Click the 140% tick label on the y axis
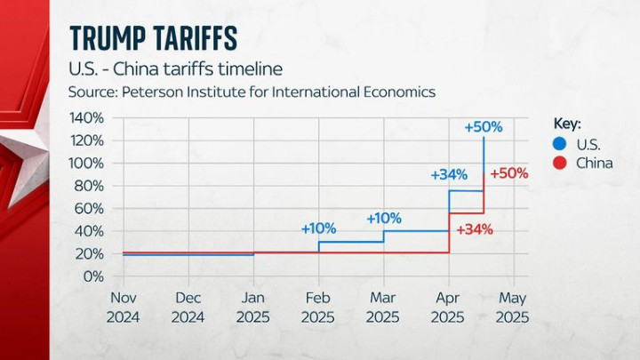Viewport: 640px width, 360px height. pos(88,118)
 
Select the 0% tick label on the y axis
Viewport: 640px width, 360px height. pos(94,276)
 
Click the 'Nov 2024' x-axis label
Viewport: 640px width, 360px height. pos(124,308)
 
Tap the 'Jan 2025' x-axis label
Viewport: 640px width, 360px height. pos(253,308)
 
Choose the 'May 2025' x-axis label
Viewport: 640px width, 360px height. pos(513,308)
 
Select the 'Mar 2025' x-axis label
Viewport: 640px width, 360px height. pos(383,308)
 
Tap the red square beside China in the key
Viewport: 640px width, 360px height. pos(558,163)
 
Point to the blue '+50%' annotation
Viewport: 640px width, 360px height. pos(484,127)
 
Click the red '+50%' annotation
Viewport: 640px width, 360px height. pos(508,173)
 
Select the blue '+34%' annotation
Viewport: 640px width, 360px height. pos(449,175)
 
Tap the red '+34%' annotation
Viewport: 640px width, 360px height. pos(474,228)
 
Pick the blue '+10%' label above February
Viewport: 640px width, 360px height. pos(318,228)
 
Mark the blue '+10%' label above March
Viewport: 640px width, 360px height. pos(384,218)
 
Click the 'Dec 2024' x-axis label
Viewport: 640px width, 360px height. pos(188,308)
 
